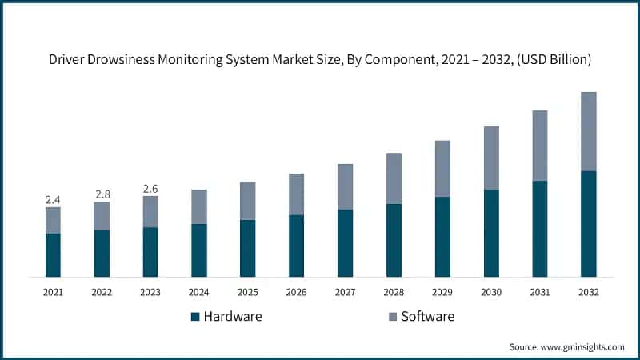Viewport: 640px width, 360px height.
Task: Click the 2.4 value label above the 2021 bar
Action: pos(53,199)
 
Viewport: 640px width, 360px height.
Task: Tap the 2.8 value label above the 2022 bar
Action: pos(102,194)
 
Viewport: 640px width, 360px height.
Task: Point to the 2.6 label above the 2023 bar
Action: pos(150,189)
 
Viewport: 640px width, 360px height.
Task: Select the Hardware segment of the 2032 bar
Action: pos(588,224)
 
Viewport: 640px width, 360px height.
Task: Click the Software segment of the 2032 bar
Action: pos(588,131)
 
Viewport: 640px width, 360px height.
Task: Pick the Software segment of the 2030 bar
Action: pos(491,158)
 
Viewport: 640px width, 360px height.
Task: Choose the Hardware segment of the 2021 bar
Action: pos(53,255)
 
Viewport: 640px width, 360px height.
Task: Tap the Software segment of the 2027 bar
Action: pos(345,186)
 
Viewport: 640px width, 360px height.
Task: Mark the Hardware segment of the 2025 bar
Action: pos(248,248)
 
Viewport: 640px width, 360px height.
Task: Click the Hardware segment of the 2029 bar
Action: pos(442,237)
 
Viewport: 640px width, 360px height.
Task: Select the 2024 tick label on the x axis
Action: pos(199,293)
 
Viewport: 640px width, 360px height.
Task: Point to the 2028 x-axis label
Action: pos(394,293)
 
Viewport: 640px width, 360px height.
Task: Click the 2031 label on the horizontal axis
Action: pos(540,293)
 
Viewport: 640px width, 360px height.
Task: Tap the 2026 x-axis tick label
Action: pos(296,293)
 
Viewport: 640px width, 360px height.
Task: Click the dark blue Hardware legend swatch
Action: pos(194,317)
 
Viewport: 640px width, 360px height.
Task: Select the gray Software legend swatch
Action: pos(391,317)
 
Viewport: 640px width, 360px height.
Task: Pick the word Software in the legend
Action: pos(427,317)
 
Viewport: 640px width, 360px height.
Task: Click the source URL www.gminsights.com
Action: pos(584,346)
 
